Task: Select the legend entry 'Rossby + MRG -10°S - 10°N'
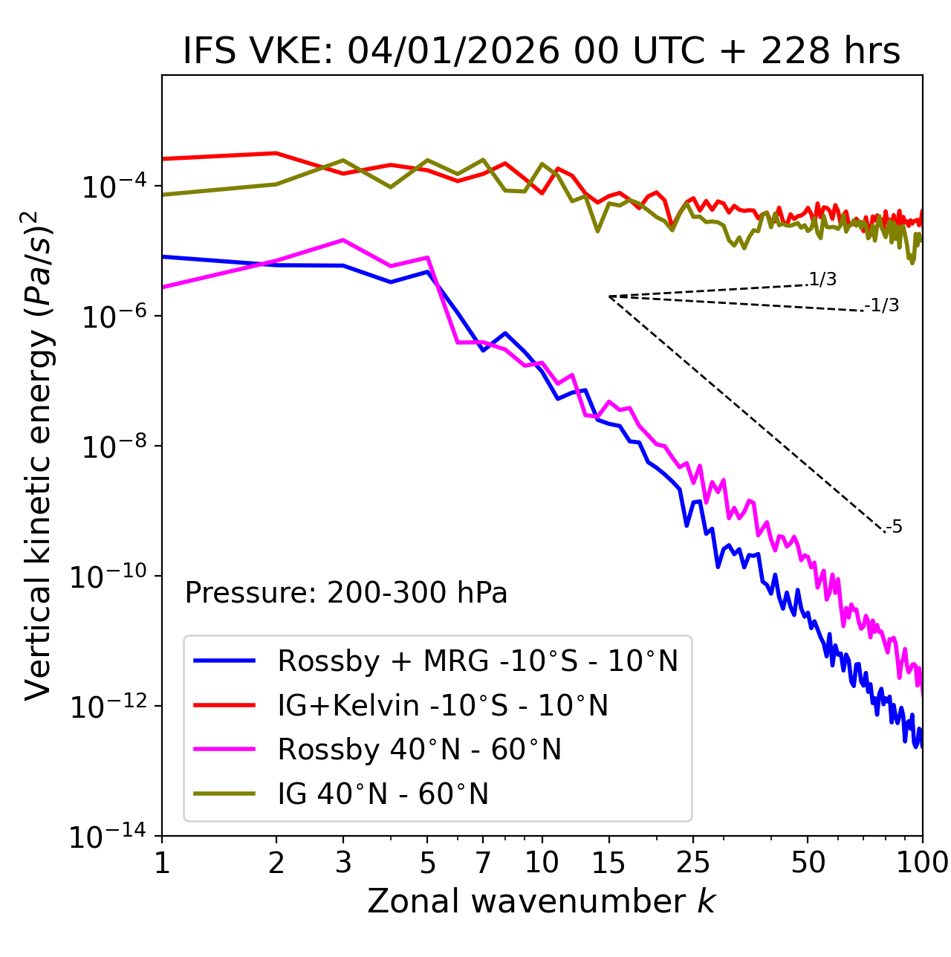tap(477, 661)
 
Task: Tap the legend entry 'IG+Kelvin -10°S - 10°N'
tap(443, 705)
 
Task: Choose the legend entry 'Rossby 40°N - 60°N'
tap(419, 750)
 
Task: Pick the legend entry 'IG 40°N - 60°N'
tap(383, 794)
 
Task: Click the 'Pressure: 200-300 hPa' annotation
tap(346, 593)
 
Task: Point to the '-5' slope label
tap(894, 527)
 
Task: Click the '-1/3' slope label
tap(882, 305)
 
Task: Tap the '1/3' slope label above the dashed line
tap(822, 279)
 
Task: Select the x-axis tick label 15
tap(608, 862)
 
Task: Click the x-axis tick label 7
tap(483, 862)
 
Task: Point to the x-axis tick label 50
tap(808, 862)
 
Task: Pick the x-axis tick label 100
tap(922, 862)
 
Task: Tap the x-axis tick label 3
tap(343, 862)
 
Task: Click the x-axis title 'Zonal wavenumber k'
tap(541, 901)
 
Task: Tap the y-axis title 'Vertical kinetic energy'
tap(39, 455)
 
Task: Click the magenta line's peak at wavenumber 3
tap(343, 240)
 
